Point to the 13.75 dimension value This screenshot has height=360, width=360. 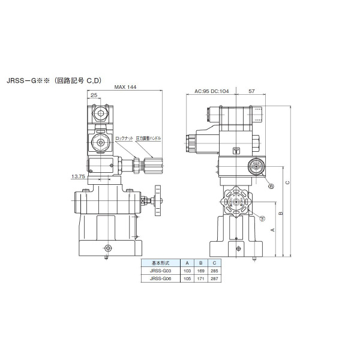click(78, 176)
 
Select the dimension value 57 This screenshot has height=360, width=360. click(251, 92)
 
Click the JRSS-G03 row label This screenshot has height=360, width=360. click(160, 271)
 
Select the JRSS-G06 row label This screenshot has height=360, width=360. click(160, 278)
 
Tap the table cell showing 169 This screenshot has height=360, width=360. click(200, 271)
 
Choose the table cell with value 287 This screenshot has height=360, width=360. click(213, 278)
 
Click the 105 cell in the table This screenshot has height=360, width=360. click(187, 278)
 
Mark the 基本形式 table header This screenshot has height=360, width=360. click(160, 263)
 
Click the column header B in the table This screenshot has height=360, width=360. click(200, 263)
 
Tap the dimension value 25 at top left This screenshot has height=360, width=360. click(94, 95)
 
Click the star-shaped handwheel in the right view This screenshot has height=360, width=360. click(237, 204)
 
